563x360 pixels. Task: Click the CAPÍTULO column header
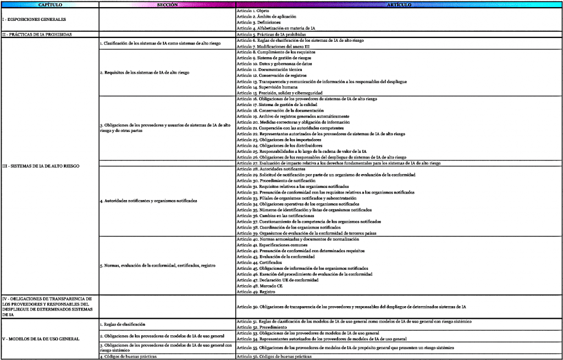49,4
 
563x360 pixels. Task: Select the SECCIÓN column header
167,4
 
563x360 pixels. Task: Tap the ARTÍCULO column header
399,4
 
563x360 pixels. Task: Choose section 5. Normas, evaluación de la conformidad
157,265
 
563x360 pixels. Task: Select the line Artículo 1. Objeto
250,11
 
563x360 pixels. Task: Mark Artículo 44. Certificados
255,263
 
